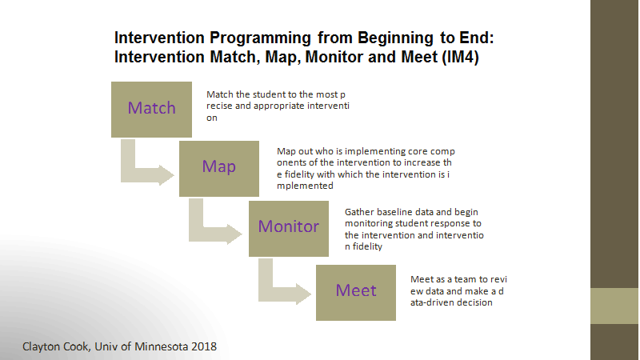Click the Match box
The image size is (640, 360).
151,110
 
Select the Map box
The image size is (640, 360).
218,169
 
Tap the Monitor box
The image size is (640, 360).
289,229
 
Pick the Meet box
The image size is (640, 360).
355,293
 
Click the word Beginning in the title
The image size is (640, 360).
395,38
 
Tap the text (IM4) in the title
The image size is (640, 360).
460,56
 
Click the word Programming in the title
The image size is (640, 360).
261,38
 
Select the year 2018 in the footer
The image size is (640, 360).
204,346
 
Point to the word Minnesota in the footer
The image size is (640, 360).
162,346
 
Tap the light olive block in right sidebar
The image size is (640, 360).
614,306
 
